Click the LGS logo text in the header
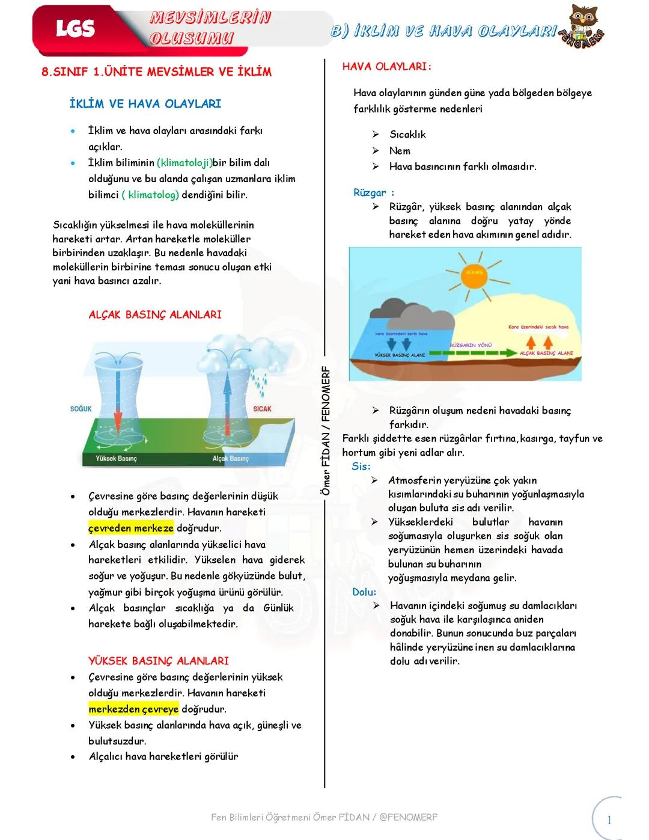coord(75,28)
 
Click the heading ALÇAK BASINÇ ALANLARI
coord(155,314)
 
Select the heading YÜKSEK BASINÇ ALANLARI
coord(159,660)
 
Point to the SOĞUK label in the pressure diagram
coord(81,409)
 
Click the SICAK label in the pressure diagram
coord(262,409)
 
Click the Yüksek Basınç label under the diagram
coord(117,459)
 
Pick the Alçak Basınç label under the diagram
coord(230,459)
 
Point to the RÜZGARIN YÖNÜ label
coord(471,345)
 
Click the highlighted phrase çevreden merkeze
coord(131,528)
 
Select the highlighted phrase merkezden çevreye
coord(133,709)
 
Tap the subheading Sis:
coord(361,466)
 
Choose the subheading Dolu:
coord(364,592)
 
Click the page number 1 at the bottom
coord(609,820)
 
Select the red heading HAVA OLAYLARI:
coord(387,67)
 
